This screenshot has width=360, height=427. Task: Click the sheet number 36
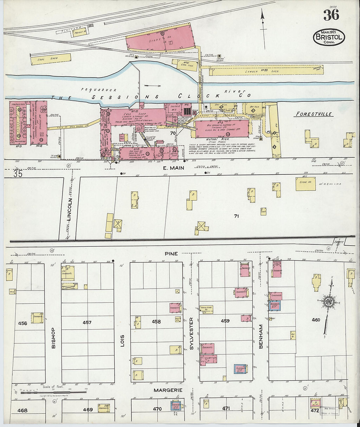[x=331, y=15]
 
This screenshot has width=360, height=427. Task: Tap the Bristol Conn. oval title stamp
[x=329, y=37]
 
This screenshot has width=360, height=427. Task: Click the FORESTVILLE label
[x=314, y=114]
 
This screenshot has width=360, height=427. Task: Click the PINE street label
[x=171, y=254]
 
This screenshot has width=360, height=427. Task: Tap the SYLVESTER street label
[x=192, y=333]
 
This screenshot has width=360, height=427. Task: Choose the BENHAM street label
[x=261, y=336]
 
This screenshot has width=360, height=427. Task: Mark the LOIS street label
[x=122, y=340]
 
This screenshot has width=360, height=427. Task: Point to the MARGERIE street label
[x=168, y=390]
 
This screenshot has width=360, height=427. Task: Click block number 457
[x=87, y=322]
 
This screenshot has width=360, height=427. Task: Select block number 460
[x=316, y=320]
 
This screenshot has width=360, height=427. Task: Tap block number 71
[x=236, y=216]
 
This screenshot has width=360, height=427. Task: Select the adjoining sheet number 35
[x=18, y=174]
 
